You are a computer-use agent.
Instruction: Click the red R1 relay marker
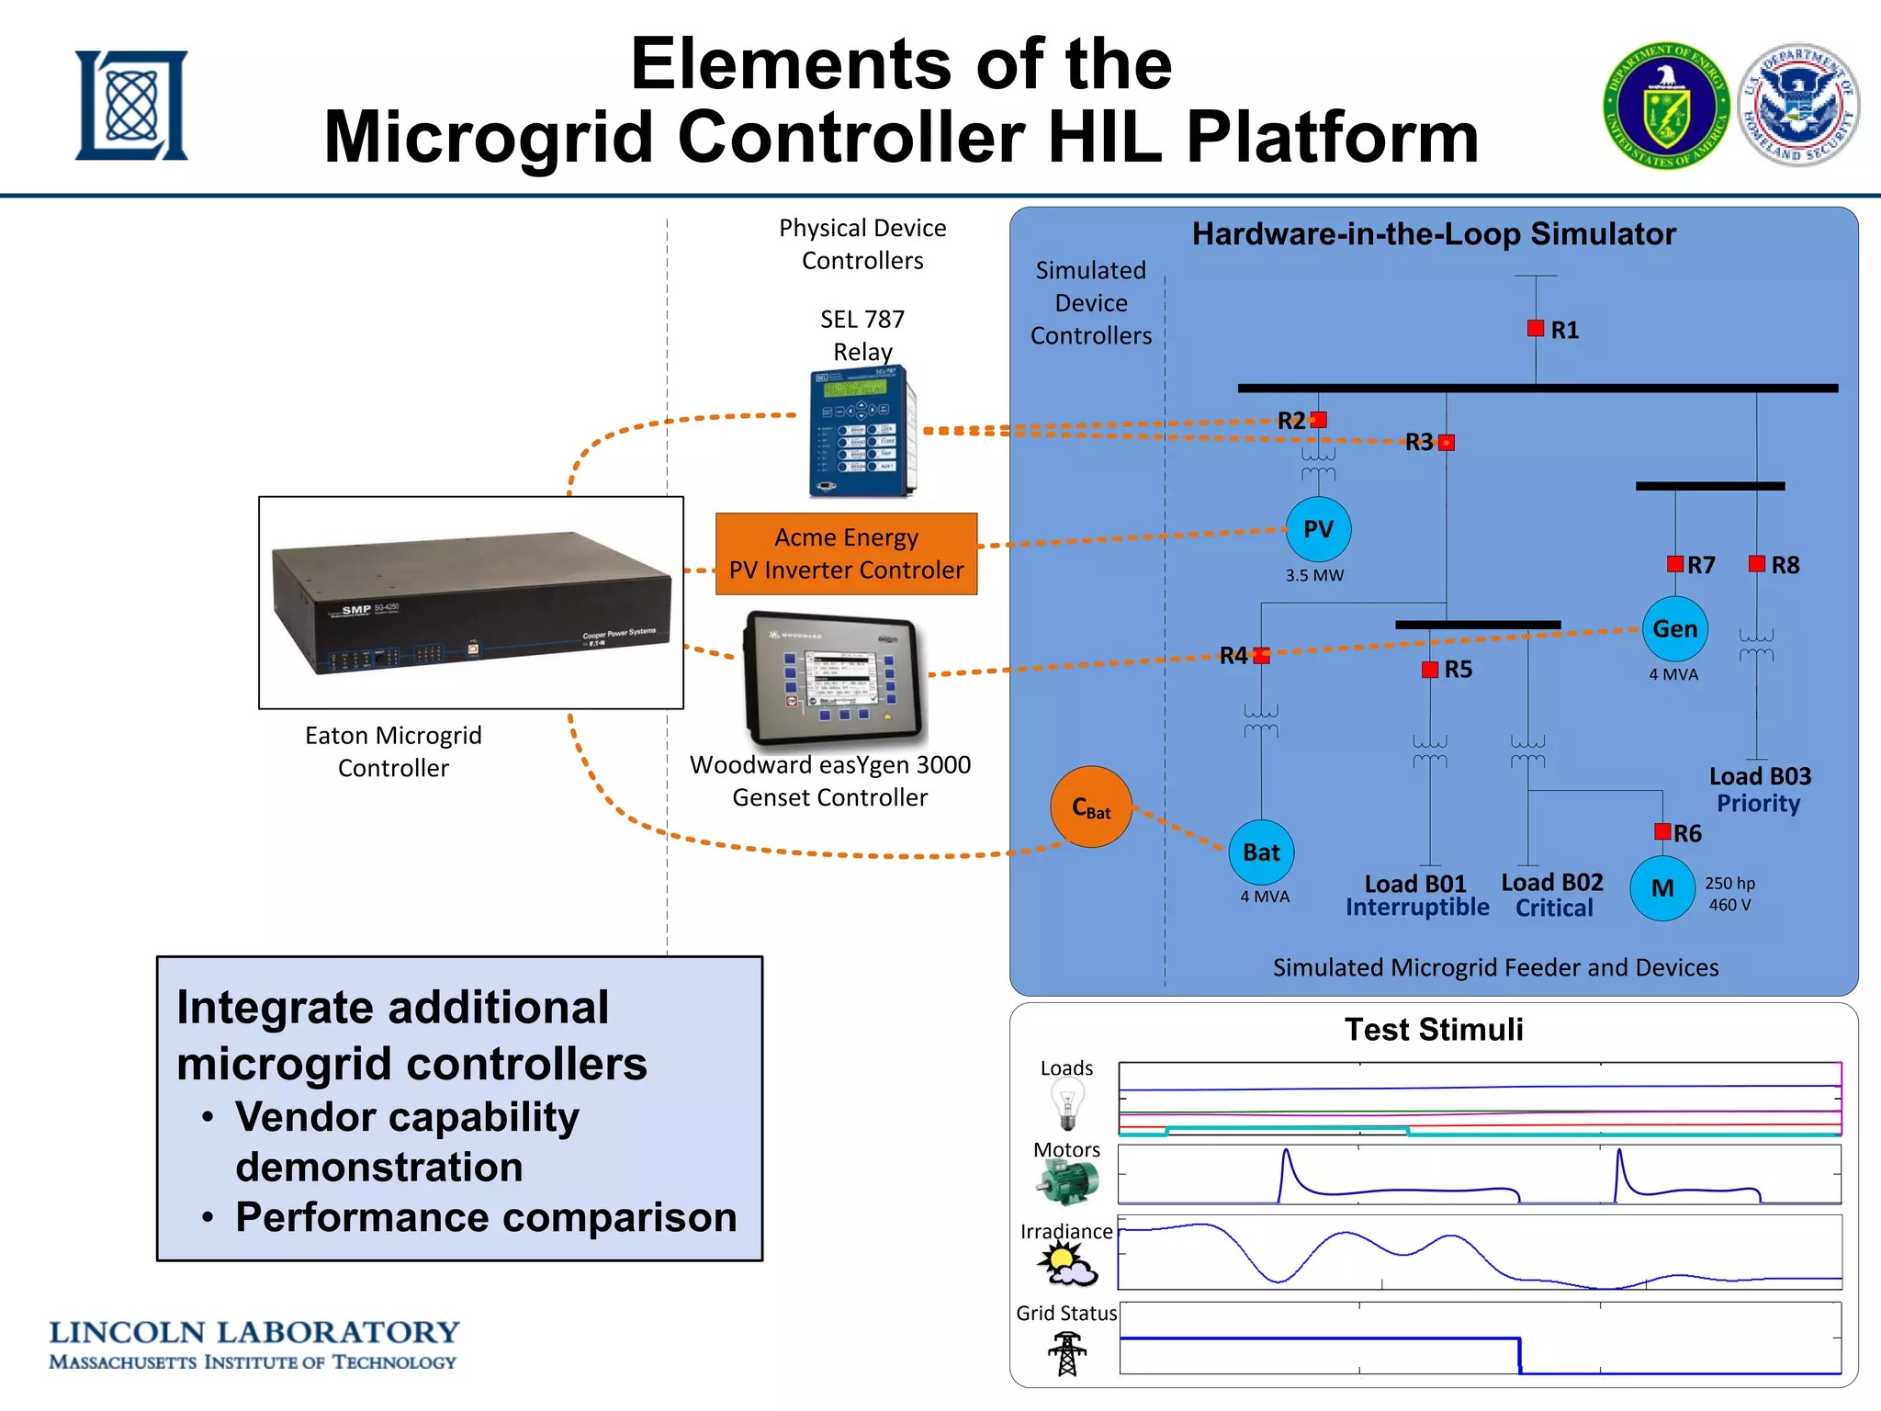click(1535, 328)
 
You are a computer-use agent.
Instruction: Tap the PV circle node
click(1318, 529)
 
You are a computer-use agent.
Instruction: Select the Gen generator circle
click(1674, 629)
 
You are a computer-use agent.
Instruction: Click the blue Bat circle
click(1261, 852)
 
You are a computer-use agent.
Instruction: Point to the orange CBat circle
click(1091, 807)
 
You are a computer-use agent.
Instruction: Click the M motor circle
click(1661, 888)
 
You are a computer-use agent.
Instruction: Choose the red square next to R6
click(1661, 831)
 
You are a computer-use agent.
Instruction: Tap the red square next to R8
click(1756, 564)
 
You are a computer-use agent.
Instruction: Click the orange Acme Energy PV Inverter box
click(846, 554)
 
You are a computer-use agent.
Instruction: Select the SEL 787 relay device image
click(862, 432)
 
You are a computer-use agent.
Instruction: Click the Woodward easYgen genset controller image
click(834, 678)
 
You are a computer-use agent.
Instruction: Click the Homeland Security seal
click(1798, 105)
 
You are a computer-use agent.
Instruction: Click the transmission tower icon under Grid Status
click(1066, 1353)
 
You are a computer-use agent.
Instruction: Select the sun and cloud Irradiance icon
click(1066, 1265)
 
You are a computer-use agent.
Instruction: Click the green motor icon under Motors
click(1067, 1182)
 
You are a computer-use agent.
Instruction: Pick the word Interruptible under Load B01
click(1417, 908)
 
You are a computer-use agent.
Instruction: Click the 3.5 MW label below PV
click(1314, 576)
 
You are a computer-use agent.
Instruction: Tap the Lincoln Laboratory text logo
click(253, 1344)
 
